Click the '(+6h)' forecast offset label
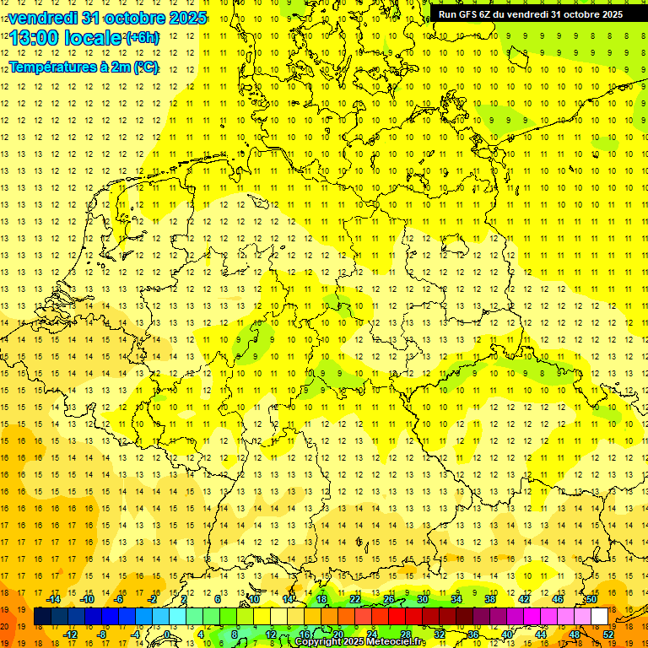pos(141,38)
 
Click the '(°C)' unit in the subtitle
pos(145,67)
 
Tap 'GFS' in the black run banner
pos(468,14)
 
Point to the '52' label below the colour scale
pos(607,634)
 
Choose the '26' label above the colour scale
pos(389,599)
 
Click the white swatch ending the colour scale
pos(599,616)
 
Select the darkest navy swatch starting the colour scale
pos(42,616)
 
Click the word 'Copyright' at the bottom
pos(318,642)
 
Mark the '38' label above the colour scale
pos(490,599)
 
